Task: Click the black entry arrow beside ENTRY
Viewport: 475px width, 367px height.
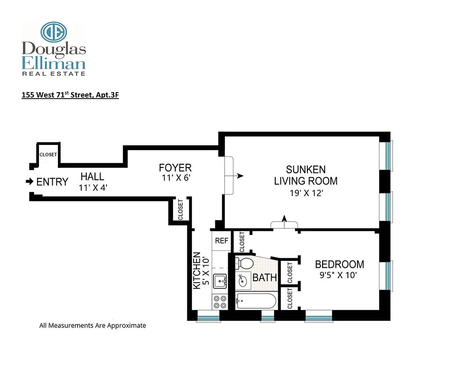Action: pyautogui.click(x=29, y=182)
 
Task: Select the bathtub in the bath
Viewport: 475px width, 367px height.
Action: pyautogui.click(x=255, y=301)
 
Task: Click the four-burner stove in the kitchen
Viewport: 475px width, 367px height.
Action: pyautogui.click(x=220, y=302)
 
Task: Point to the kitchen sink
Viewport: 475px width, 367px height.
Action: pyautogui.click(x=220, y=280)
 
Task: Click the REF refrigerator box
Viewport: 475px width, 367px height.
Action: pyautogui.click(x=222, y=240)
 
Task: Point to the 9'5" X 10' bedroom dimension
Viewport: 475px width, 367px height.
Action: pyautogui.click(x=339, y=276)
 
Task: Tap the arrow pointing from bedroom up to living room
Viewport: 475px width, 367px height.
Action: pyautogui.click(x=284, y=219)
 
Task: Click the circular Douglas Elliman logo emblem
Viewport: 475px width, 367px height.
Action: pyautogui.click(x=54, y=32)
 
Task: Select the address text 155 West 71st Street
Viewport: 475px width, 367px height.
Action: pyautogui.click(x=70, y=95)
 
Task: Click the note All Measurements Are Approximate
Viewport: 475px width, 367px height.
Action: pyautogui.click(x=92, y=325)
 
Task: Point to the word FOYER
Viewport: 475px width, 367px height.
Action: pyautogui.click(x=175, y=167)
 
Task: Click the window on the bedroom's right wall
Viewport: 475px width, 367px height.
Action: pyautogui.click(x=389, y=276)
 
